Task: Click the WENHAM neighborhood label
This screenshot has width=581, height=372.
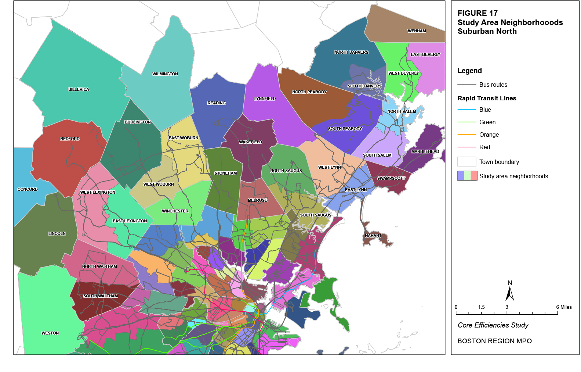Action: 417,31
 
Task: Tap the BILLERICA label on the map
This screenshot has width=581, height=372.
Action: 79,89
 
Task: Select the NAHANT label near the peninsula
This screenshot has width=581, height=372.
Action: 373,236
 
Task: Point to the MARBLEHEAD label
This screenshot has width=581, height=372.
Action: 425,151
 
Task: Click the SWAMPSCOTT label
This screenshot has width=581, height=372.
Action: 391,178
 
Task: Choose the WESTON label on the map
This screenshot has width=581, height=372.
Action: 50,333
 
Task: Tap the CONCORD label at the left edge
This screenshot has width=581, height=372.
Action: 28,189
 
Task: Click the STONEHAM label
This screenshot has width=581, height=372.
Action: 225,173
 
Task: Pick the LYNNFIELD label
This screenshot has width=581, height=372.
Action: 265,99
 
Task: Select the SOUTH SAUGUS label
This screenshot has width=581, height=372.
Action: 316,215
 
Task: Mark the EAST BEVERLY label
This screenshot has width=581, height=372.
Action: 425,54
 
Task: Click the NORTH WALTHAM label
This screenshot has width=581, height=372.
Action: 99,267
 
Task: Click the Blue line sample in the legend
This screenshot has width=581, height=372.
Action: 466,110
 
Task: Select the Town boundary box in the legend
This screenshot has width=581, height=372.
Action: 466,162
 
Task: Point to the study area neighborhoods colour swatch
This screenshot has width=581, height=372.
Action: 467,176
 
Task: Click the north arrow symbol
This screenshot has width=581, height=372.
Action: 509,293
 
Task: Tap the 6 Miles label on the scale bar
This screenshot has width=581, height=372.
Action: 564,307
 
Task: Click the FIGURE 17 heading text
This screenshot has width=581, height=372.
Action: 477,13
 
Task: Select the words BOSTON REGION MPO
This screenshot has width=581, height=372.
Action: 494,341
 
